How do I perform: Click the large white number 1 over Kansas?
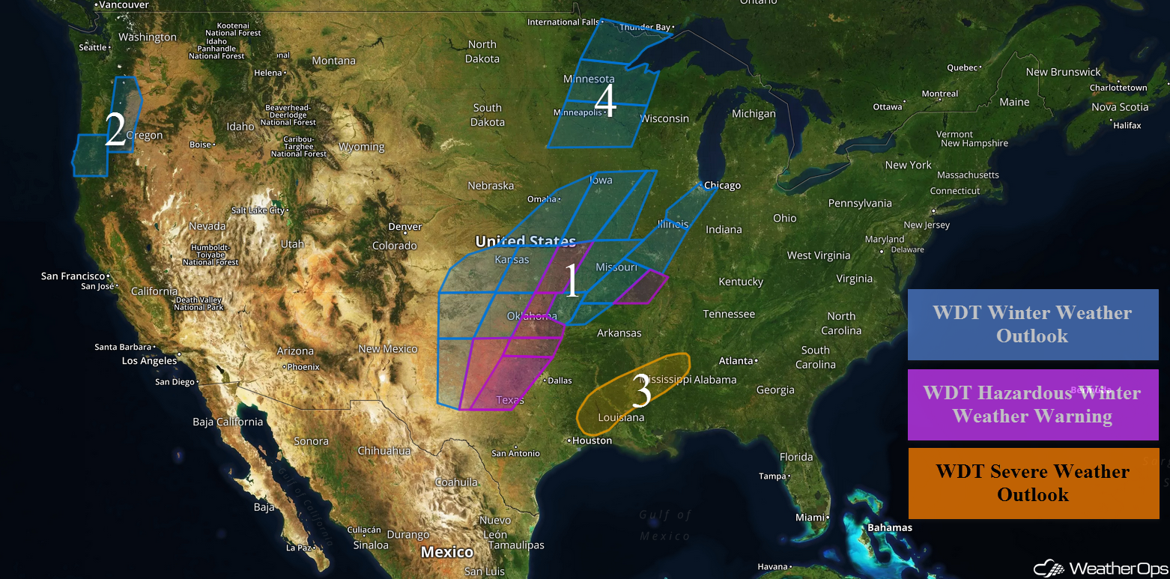pos(572,282)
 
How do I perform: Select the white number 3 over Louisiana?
pos(642,391)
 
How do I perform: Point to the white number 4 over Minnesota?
pos(605,101)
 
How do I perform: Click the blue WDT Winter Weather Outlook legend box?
pos(1033,324)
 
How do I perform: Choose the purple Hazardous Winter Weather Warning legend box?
pos(1033,404)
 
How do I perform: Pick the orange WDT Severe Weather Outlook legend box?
pos(1033,483)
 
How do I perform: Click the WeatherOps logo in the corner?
pos(1099,567)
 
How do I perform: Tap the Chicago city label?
pos(722,186)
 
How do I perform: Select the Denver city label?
pos(405,227)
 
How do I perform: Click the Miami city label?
pos(809,518)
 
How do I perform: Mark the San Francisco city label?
pos(73,276)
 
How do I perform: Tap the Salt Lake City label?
pos(258,210)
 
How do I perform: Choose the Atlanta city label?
pos(736,361)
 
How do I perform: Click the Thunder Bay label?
pos(645,28)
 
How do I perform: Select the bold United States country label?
pos(526,241)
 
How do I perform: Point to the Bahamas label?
pos(890,527)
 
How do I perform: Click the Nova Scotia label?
pos(1120,107)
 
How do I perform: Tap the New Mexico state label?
pos(388,349)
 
